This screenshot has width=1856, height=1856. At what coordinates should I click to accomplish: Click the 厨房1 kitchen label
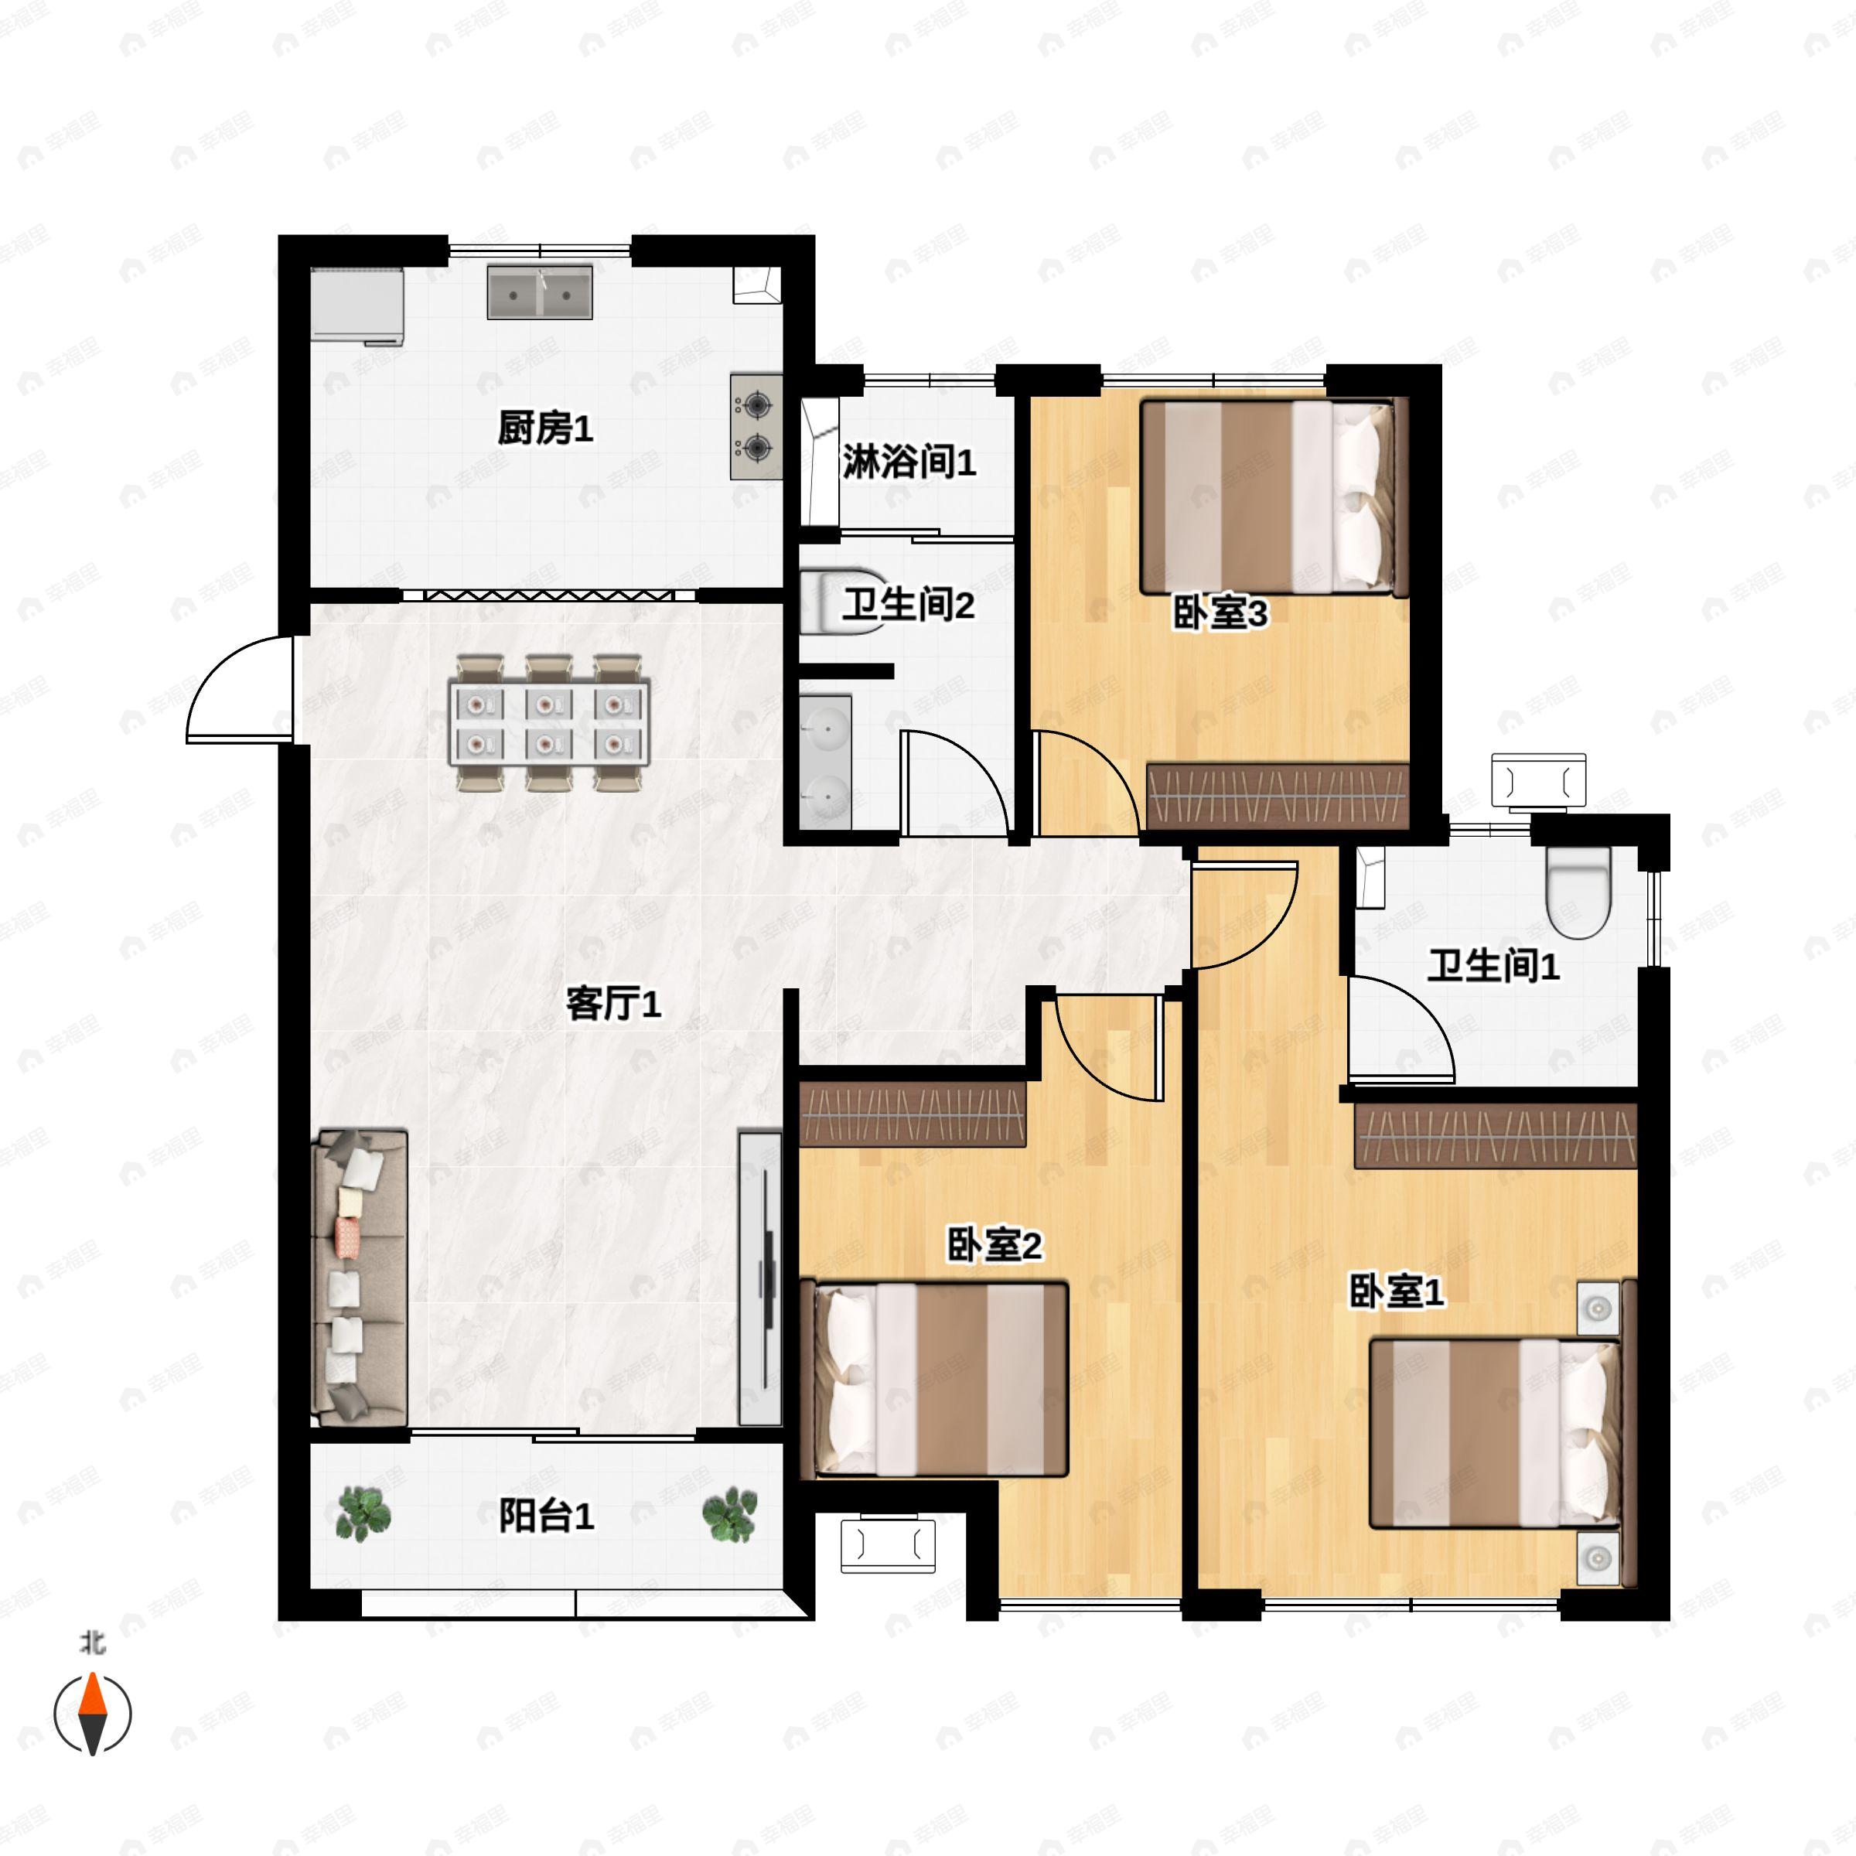[544, 429]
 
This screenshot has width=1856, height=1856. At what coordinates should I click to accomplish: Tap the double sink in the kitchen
[539, 292]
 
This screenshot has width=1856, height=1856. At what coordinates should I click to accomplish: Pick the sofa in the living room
[360, 1278]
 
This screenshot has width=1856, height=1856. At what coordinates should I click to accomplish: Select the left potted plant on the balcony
[364, 1515]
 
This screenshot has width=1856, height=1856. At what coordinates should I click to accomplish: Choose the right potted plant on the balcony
[729, 1515]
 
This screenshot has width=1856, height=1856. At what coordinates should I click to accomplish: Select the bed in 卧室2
[935, 1380]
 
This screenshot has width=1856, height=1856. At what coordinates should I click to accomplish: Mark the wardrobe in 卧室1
[1495, 1137]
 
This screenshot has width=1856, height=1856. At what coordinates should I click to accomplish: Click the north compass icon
[92, 1714]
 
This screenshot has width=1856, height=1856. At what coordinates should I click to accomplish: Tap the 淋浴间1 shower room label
[909, 463]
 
